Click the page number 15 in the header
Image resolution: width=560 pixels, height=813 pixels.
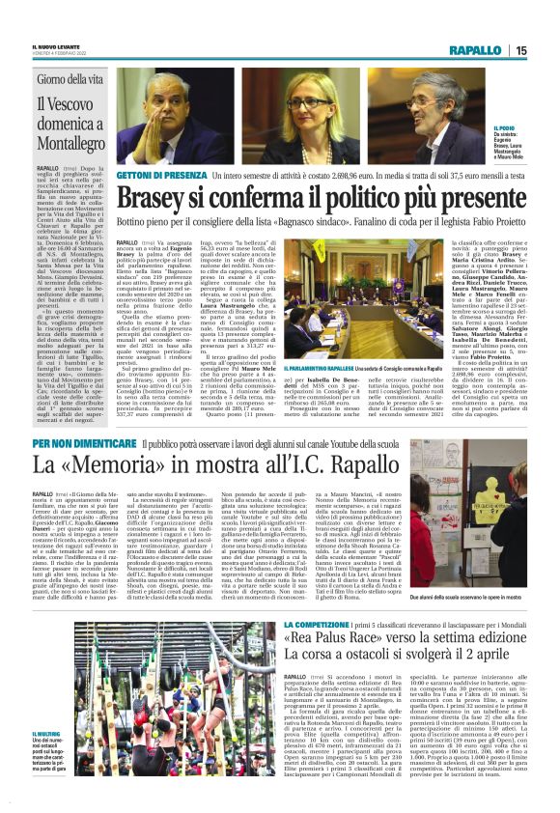tap(546, 50)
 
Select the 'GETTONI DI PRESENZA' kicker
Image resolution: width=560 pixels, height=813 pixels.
tap(158, 176)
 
